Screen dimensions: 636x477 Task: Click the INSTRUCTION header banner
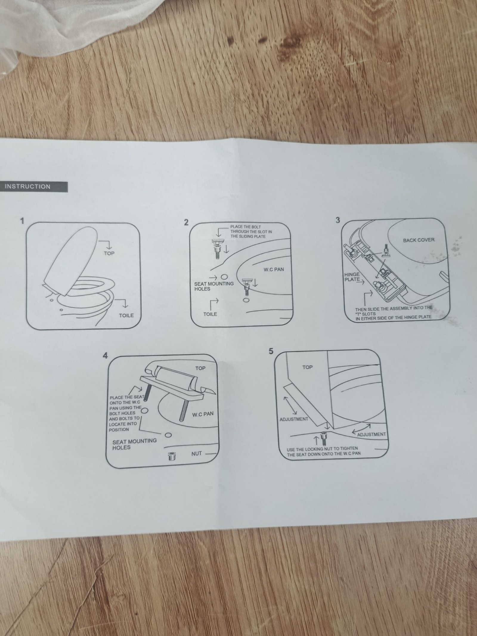(x=33, y=187)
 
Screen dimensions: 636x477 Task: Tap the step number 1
(x=22, y=222)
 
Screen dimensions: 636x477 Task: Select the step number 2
(x=186, y=223)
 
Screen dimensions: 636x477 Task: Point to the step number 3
(x=337, y=220)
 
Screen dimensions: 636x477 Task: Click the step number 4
(x=105, y=356)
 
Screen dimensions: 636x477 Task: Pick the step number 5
(x=271, y=351)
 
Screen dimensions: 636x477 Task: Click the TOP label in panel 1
(x=109, y=253)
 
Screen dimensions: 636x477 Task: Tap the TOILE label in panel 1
(x=126, y=315)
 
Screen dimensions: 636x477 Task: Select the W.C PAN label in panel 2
(x=274, y=270)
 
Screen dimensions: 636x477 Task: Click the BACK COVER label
(x=419, y=240)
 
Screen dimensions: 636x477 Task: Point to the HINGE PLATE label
(x=352, y=277)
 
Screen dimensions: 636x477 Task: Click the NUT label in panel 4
(x=196, y=454)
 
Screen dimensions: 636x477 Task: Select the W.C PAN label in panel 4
(x=203, y=414)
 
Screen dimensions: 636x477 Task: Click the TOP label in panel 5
(x=307, y=367)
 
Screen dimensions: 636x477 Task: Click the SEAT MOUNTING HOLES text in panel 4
(x=134, y=444)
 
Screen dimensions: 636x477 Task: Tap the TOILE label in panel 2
(x=210, y=314)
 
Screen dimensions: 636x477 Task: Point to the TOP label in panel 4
(x=200, y=368)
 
